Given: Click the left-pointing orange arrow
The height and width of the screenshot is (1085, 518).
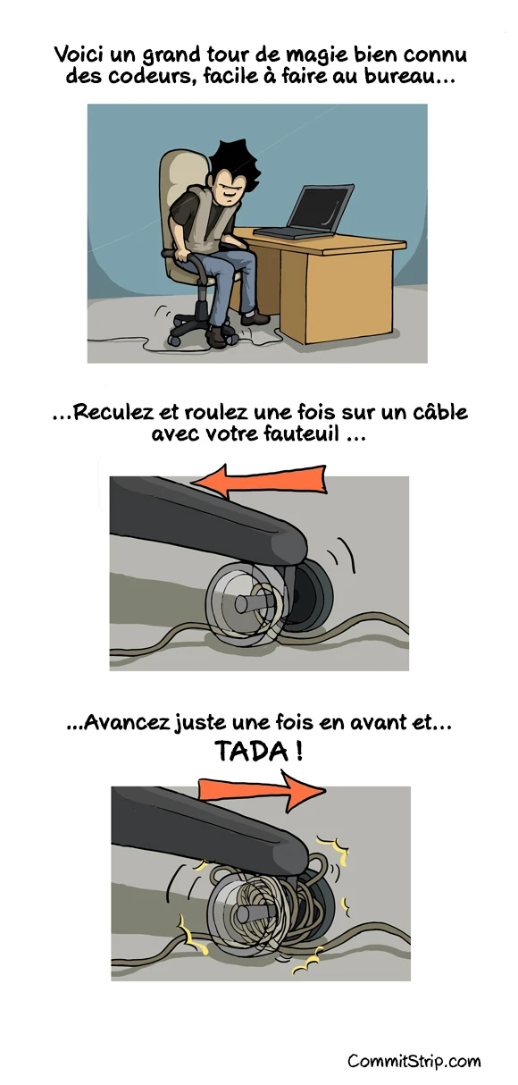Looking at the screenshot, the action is (x=258, y=481).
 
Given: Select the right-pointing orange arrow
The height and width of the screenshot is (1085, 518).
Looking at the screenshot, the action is (x=262, y=790).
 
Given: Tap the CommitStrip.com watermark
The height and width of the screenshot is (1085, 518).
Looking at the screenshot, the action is (x=414, y=1060).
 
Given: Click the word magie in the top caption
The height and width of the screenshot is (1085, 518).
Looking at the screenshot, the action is (x=317, y=55).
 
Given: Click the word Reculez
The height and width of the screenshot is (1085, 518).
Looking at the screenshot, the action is (x=113, y=413).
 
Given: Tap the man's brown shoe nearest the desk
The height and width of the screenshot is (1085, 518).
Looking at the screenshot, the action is (x=255, y=318).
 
